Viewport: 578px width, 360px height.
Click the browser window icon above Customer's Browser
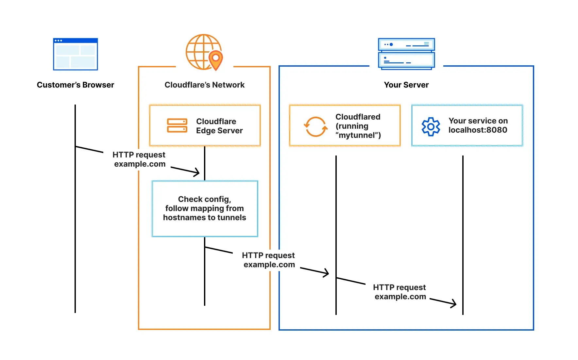pyautogui.click(x=76, y=54)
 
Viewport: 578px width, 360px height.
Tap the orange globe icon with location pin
pyautogui.click(x=203, y=52)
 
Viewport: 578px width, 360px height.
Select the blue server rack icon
pyautogui.click(x=406, y=54)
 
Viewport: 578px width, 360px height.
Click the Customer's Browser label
pyautogui.click(x=76, y=85)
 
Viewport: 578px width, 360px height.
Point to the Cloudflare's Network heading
pyautogui.click(x=204, y=85)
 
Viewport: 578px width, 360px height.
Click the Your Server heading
pyautogui.click(x=406, y=85)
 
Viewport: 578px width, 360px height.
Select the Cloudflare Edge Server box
pyautogui.click(x=205, y=125)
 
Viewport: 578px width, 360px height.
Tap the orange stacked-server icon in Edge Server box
pyautogui.click(x=177, y=125)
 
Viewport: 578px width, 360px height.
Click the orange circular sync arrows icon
pyautogui.click(x=315, y=126)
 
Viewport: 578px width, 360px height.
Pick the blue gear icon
pyautogui.click(x=431, y=126)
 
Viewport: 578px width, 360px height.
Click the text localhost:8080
pyautogui.click(x=478, y=130)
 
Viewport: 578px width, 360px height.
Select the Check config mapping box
pyautogui.click(x=205, y=208)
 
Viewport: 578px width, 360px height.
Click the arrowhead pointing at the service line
pyautogui.click(x=453, y=303)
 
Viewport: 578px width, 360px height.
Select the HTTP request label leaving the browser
pyautogui.click(x=139, y=159)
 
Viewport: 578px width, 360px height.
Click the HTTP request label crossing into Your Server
pyautogui.click(x=269, y=260)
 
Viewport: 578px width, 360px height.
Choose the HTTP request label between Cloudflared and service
pyautogui.click(x=400, y=292)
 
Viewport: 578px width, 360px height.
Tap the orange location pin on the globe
pyautogui.click(x=215, y=59)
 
